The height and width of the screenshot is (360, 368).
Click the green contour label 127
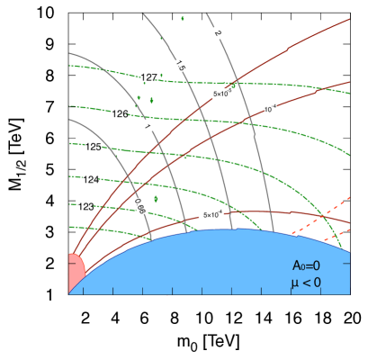tap(148, 77)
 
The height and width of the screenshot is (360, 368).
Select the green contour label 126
tap(120, 113)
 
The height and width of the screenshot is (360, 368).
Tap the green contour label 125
tap(93, 146)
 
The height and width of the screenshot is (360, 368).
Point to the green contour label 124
tap(90, 179)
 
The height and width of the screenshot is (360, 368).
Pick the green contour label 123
tap(85, 206)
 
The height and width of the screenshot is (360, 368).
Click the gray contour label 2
tap(218, 32)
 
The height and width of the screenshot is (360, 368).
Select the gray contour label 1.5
tap(180, 65)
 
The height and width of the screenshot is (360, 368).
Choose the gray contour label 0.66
tap(139, 206)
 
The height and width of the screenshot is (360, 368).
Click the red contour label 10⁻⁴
tap(270, 109)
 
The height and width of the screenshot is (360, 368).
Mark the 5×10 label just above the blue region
tap(212, 215)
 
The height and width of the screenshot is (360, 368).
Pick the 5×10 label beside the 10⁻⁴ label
tap(222, 94)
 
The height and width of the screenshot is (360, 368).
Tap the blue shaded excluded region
tap(207, 265)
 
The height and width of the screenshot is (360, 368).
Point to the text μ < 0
tap(306, 283)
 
